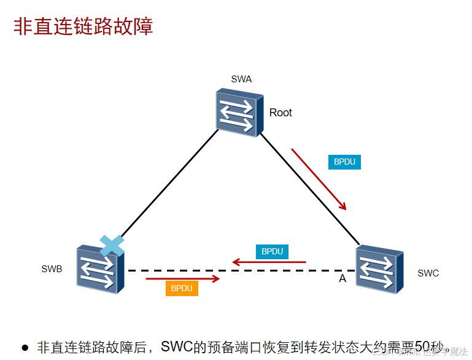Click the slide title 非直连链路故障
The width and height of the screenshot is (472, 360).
(x=83, y=26)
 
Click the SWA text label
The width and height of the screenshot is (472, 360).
(x=241, y=79)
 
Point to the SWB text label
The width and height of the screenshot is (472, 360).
(x=52, y=268)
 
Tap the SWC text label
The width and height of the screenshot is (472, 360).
(x=428, y=273)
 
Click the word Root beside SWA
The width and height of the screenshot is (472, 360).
(x=280, y=112)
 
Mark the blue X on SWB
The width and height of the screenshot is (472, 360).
(x=112, y=245)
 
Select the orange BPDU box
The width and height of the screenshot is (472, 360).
(x=182, y=288)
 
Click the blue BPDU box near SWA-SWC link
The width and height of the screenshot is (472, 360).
(x=344, y=162)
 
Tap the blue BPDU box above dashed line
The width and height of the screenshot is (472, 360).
(x=272, y=251)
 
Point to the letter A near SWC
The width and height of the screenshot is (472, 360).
(x=342, y=279)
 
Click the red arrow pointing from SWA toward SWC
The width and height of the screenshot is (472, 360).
(x=319, y=178)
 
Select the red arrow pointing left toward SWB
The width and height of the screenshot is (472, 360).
(x=268, y=263)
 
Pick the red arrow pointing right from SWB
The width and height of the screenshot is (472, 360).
(x=182, y=279)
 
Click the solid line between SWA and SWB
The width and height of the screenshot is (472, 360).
(x=166, y=184)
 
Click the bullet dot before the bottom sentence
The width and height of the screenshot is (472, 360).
(x=25, y=348)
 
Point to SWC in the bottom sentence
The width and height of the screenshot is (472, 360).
(x=176, y=346)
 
